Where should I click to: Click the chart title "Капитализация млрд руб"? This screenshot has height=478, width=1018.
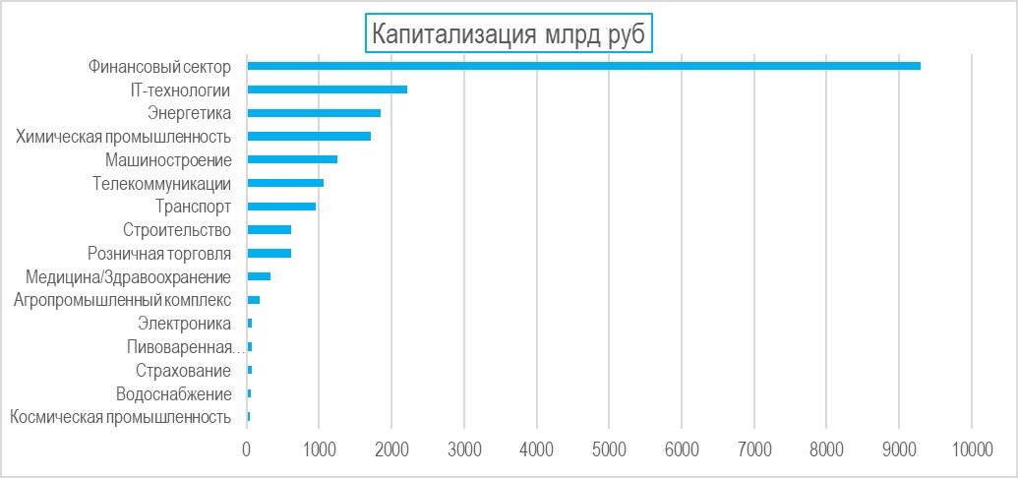click(509, 33)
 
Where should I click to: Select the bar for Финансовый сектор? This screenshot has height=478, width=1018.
click(583, 66)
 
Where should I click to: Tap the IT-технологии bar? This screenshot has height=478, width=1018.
click(328, 89)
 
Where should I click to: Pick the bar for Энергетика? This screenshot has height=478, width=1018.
click(314, 112)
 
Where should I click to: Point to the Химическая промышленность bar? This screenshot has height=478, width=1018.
click(309, 136)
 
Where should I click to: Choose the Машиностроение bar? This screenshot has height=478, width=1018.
click(292, 159)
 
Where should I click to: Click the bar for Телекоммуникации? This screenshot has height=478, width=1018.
click(285, 183)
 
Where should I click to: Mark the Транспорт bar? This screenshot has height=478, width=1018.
click(281, 206)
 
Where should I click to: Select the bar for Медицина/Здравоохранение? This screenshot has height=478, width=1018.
click(259, 276)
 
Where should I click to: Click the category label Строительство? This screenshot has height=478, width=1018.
click(177, 230)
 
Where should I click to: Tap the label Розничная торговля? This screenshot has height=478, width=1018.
click(159, 254)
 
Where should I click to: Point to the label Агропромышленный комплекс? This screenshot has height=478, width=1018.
click(122, 300)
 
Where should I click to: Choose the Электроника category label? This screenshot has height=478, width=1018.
click(184, 324)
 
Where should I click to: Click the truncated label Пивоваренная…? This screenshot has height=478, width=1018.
click(186, 347)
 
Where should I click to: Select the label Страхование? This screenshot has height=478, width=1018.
click(184, 370)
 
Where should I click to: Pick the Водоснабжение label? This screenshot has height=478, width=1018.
click(173, 393)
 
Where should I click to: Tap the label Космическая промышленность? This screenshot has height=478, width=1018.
click(121, 417)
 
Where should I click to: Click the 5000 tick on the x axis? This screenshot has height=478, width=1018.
click(608, 449)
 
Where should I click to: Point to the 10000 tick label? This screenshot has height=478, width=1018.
click(971, 449)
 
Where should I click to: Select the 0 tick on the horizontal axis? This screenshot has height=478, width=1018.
click(247, 449)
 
